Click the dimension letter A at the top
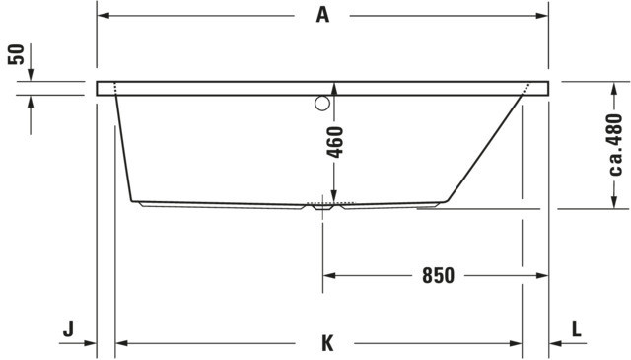click(x=322, y=16)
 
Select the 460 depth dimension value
click(x=335, y=142)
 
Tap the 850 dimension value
click(x=438, y=276)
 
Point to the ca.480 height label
click(x=615, y=145)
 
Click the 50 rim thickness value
click(x=17, y=55)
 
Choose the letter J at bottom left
click(x=68, y=329)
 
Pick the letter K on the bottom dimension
click(x=327, y=343)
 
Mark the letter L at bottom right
click(x=577, y=329)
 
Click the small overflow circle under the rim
click(x=322, y=104)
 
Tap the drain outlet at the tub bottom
click(x=322, y=207)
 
